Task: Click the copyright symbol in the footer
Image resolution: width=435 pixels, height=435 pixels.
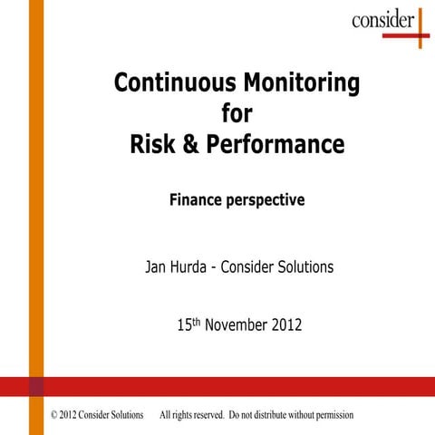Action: (x=57, y=415)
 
